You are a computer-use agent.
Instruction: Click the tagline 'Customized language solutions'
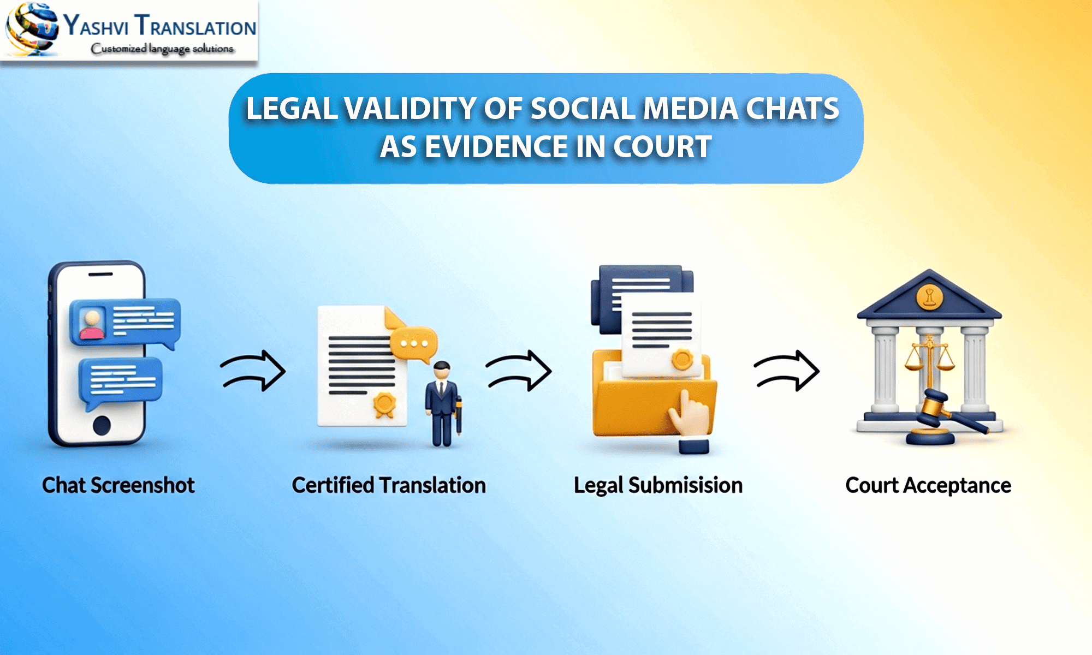(x=162, y=49)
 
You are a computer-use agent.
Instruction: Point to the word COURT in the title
(x=662, y=147)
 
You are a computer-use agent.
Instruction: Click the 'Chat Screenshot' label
(x=118, y=485)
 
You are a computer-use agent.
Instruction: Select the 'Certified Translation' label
(x=389, y=485)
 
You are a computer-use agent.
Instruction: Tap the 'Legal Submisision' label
(x=658, y=485)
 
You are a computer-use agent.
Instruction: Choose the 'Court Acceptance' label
(x=928, y=485)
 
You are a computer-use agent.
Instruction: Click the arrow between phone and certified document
(x=253, y=371)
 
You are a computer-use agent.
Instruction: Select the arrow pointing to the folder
(x=519, y=371)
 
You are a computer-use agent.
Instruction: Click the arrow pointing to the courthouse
(x=787, y=371)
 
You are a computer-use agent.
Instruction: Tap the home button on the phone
(x=102, y=425)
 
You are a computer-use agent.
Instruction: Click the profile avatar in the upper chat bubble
(x=92, y=324)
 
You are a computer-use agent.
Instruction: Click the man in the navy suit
(x=442, y=404)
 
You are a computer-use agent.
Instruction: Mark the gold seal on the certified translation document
(x=384, y=404)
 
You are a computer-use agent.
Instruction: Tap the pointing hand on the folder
(x=689, y=415)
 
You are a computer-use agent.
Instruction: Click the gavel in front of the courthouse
(x=945, y=412)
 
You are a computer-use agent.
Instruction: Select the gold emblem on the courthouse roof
(x=929, y=297)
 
